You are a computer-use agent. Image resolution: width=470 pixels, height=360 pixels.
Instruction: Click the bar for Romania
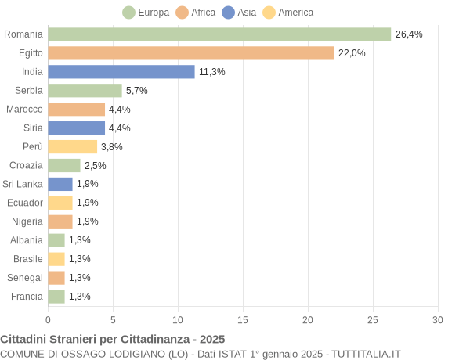[x=219, y=34]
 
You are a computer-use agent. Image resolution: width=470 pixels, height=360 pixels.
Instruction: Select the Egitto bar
[x=190, y=53]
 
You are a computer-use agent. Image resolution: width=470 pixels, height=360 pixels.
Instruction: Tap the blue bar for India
[x=121, y=72]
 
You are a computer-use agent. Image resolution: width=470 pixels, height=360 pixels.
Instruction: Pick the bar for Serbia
[x=85, y=91]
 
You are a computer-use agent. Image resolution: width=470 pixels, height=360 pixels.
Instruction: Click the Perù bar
[x=72, y=147]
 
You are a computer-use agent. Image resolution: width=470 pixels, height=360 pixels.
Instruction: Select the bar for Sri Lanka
[x=60, y=184]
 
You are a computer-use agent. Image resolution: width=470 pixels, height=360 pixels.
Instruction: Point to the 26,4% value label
[x=409, y=34]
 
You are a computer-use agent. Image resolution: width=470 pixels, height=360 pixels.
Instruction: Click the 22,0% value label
[x=352, y=53]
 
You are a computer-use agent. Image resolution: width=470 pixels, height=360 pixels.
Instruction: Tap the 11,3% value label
[x=211, y=72]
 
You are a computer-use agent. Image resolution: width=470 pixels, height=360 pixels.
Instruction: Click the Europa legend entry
[x=146, y=13]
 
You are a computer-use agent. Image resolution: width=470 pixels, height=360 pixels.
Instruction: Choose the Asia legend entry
[x=239, y=13]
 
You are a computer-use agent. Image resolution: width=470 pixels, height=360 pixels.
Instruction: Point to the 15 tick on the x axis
[x=243, y=320]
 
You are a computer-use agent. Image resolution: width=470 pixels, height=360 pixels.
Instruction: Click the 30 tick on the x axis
[x=438, y=320]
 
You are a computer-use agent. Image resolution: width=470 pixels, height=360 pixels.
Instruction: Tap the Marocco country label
[x=24, y=110]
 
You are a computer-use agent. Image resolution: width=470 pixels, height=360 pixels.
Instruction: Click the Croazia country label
[x=26, y=165]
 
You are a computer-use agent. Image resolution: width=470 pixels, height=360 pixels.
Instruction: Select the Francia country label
[x=27, y=297]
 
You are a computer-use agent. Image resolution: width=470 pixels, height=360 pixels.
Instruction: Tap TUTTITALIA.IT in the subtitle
[x=366, y=354]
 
